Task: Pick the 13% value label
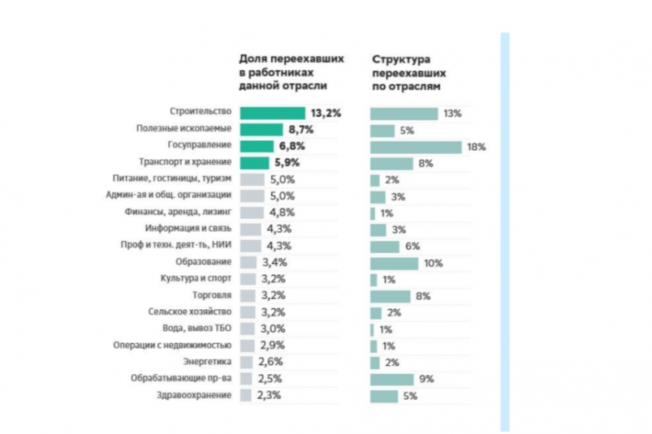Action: point(453,114)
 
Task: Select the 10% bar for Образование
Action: point(393,263)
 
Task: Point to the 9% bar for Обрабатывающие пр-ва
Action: point(391,379)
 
